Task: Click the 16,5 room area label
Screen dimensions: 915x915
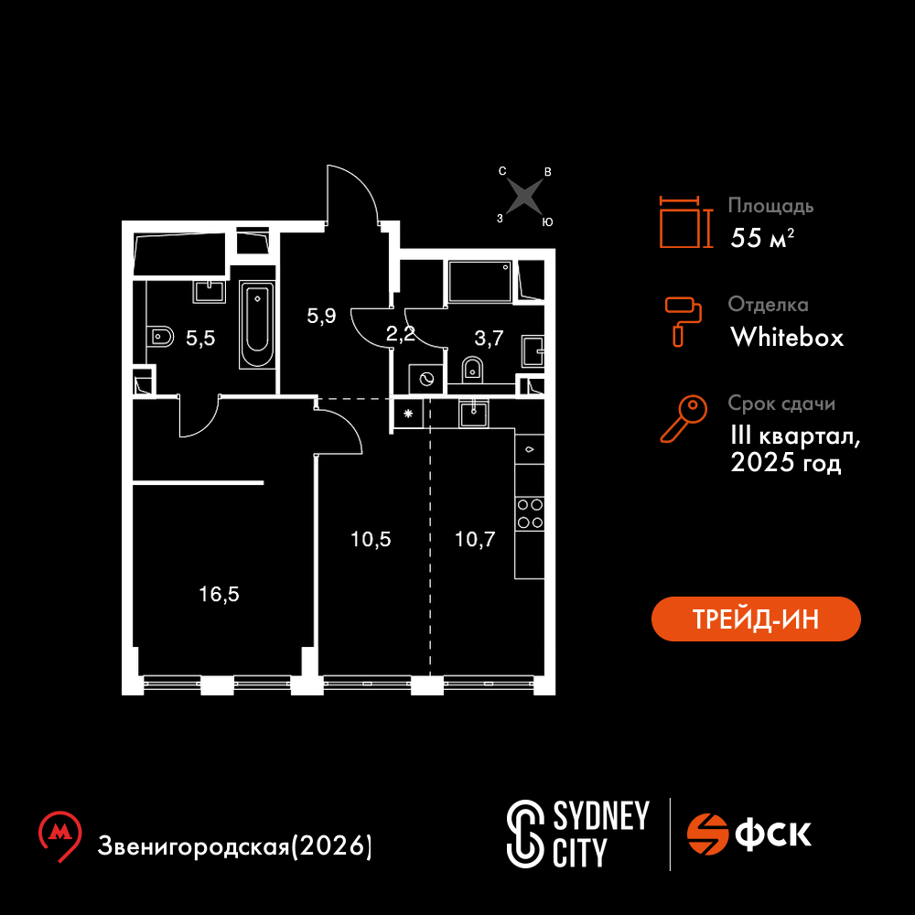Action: tap(219, 594)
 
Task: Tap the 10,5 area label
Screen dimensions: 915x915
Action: tap(371, 539)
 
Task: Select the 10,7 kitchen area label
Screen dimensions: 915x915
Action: tap(475, 539)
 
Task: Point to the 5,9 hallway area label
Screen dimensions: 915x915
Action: tap(321, 316)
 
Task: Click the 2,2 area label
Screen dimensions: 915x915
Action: tap(401, 334)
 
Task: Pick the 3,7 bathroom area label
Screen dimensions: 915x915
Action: tap(489, 338)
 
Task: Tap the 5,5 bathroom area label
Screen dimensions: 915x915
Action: tap(200, 338)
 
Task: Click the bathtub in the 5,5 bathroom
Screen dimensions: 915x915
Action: tap(257, 325)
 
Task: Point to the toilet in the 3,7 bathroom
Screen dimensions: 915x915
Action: tap(473, 370)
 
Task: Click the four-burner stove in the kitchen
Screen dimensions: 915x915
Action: tap(530, 513)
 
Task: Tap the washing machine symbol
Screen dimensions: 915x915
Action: tap(426, 381)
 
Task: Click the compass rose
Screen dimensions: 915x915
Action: tap(524, 196)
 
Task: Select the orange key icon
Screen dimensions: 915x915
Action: tap(684, 418)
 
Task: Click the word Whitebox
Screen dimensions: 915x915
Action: tap(787, 338)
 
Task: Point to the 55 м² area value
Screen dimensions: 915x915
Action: tap(762, 238)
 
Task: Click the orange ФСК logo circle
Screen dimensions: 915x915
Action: tap(707, 834)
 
